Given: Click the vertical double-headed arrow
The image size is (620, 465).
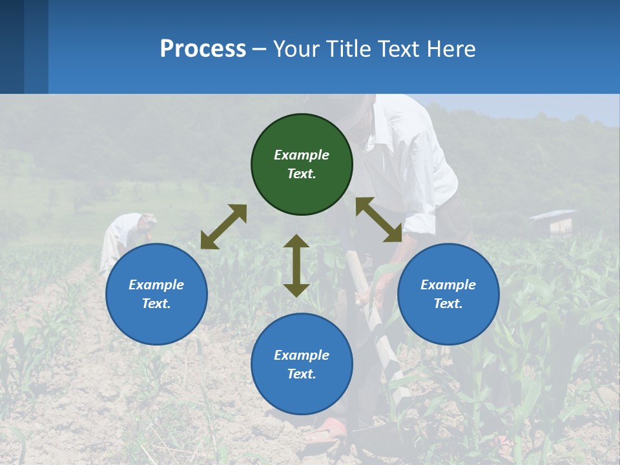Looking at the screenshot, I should [x=296, y=265].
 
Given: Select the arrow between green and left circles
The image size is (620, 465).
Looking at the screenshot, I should [x=223, y=227].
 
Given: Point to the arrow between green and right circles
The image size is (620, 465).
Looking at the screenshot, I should [x=378, y=220].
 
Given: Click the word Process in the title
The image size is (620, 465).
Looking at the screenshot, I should [x=203, y=49].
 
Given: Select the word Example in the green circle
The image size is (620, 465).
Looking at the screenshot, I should [x=302, y=155].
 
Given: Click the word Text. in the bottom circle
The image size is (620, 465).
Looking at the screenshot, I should [x=302, y=374].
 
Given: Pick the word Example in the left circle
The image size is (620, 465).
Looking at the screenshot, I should [x=156, y=285].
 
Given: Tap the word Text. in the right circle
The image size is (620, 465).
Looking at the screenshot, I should [x=448, y=304].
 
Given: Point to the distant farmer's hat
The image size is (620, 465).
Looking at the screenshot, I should [x=148, y=218].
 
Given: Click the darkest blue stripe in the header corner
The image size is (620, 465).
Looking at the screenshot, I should [x=12, y=46].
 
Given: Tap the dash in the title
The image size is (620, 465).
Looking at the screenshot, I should [x=260, y=50].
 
